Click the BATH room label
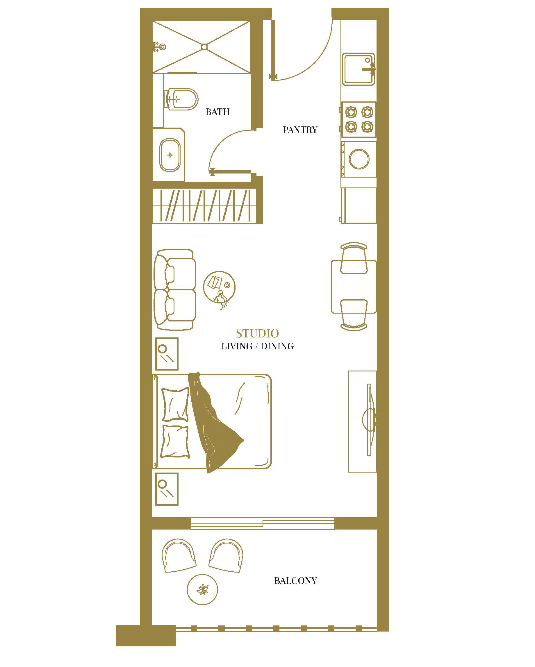click(x=217, y=112)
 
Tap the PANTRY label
click(x=300, y=130)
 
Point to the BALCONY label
click(x=295, y=580)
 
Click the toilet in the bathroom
click(x=182, y=99)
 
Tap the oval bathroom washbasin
click(x=170, y=155)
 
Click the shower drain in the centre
click(x=204, y=47)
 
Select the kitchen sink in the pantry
click(x=359, y=69)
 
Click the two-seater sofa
click(x=175, y=289)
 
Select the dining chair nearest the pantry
click(x=354, y=258)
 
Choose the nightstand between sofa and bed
click(x=167, y=354)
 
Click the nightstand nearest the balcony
click(x=167, y=489)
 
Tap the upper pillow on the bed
click(x=175, y=404)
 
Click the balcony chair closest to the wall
click(x=179, y=556)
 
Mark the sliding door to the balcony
click(x=263, y=523)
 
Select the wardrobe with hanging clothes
click(x=206, y=205)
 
